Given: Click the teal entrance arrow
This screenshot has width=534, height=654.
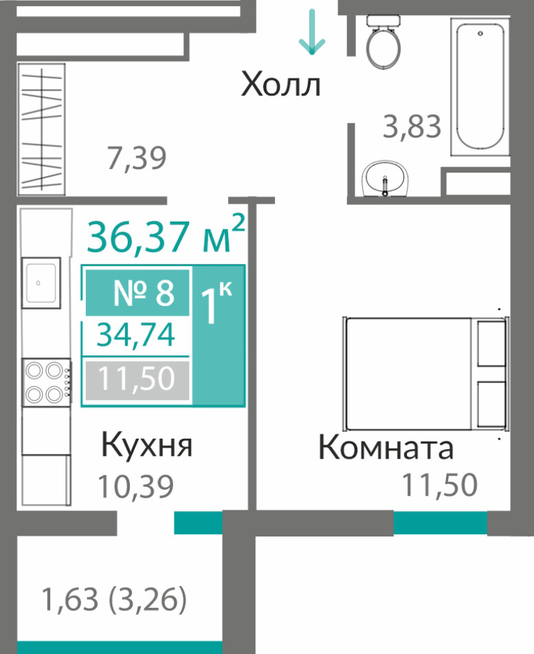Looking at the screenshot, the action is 312,32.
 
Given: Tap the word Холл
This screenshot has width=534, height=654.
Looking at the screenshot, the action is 281,85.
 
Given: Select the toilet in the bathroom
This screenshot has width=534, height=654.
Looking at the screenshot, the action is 383,41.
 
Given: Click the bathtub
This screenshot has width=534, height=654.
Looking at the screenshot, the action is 480,85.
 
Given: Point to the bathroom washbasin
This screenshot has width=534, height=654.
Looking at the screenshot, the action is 384,179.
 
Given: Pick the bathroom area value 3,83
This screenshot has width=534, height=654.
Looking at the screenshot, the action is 412,127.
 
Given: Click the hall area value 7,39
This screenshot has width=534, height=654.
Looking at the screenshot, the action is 137,157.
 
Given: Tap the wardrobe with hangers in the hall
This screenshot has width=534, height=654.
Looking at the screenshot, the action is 41,129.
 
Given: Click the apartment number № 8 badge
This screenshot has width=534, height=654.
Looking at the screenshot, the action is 137,292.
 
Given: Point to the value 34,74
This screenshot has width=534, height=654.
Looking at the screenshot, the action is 136,336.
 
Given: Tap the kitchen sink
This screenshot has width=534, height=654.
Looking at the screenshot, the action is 41,283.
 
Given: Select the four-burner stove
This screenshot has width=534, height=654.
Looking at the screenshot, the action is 47,382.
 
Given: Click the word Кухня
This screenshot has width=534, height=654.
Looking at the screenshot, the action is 147,446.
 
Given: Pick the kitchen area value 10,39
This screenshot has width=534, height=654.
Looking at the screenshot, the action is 135,486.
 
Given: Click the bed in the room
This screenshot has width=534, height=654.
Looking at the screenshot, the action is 425,373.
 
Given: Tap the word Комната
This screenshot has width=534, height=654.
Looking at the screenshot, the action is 386,447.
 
